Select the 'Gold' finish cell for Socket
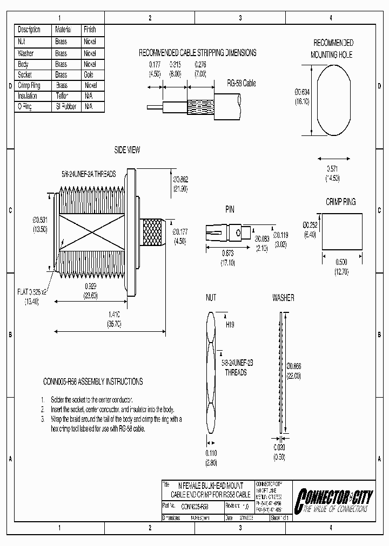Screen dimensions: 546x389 (90, 75)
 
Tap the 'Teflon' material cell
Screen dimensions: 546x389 (62, 95)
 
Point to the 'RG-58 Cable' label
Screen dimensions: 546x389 (241, 84)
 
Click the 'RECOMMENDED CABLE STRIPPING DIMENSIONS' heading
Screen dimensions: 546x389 (197, 53)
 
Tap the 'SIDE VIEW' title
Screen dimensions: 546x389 (127, 151)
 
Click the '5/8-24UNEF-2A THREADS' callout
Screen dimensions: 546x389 (88, 175)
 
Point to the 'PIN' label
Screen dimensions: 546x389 (230, 209)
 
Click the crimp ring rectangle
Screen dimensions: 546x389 (342, 231)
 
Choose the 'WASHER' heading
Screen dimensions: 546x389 (283, 298)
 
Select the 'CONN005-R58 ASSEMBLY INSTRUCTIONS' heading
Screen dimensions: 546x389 (93, 381)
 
